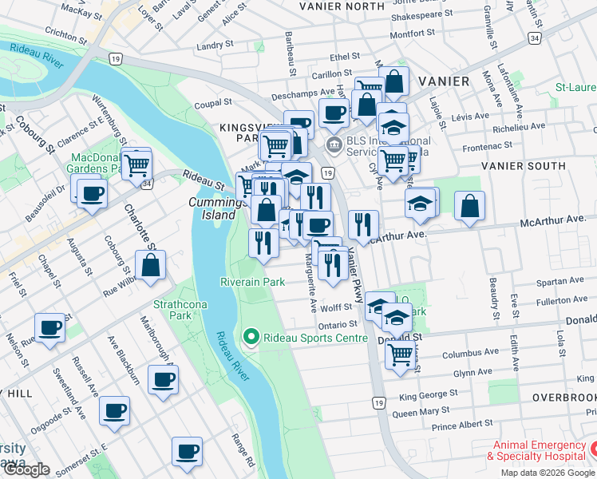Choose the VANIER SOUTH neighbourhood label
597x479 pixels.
point(523,166)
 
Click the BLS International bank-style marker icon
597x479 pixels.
point(332,144)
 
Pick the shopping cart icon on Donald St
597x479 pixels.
point(400,353)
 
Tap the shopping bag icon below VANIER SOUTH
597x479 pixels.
point(470,205)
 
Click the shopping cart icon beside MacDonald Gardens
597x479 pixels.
point(137,165)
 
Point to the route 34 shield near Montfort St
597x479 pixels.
point(534,38)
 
